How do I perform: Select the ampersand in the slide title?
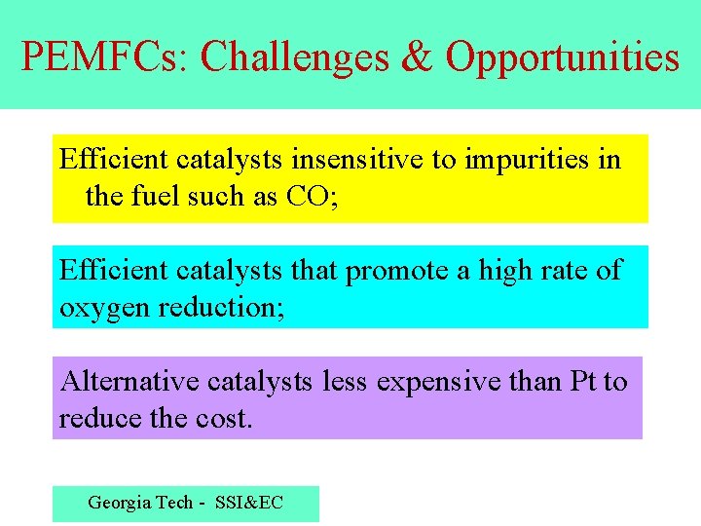coord(417,56)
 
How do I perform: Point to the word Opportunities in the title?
coord(563,58)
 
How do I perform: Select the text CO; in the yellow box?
coord(312,197)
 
